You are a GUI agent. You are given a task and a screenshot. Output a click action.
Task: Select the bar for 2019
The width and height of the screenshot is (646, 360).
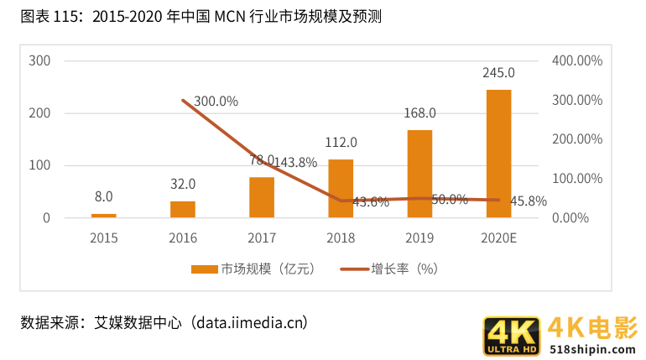[x=419, y=174]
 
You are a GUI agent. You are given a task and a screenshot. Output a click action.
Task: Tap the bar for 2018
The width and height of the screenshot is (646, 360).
[x=341, y=188]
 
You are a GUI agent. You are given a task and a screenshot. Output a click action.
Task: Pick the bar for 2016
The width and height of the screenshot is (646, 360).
[x=183, y=209]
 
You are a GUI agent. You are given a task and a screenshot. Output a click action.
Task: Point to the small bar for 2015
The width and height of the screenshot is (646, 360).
[x=104, y=216]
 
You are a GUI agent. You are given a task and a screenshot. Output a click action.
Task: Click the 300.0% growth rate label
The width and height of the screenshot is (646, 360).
[x=216, y=102]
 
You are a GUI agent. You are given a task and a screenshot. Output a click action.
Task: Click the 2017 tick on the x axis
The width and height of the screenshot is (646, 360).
[x=262, y=237]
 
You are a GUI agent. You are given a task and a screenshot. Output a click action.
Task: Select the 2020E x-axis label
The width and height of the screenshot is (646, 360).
[x=498, y=237]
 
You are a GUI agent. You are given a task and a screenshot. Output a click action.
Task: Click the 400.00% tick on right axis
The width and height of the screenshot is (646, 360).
[x=577, y=60]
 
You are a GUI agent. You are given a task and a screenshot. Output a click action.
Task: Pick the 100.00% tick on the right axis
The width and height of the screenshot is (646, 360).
[x=577, y=179]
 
